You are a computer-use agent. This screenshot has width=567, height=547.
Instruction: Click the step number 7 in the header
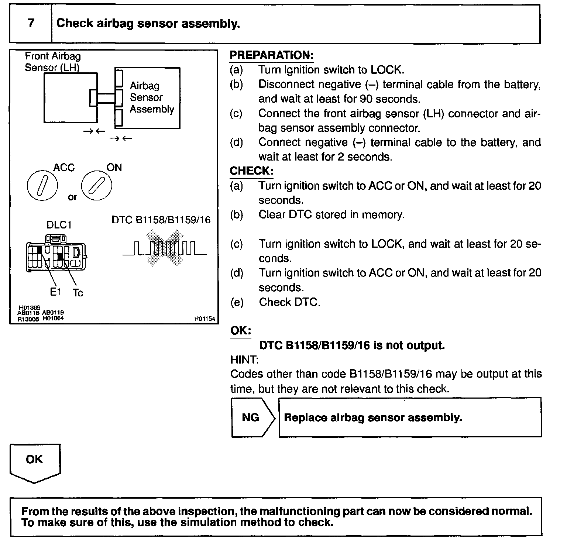tap(31, 23)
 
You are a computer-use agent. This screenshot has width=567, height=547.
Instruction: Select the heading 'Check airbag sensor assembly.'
tap(148, 24)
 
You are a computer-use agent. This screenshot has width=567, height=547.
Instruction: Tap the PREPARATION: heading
tap(271, 55)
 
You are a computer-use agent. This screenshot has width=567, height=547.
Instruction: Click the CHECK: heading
tap(251, 171)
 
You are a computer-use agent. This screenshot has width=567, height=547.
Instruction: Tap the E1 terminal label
tap(56, 292)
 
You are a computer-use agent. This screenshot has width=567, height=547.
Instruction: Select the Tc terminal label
tap(78, 293)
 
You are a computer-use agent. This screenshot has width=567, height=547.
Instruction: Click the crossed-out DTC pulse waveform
tap(165, 248)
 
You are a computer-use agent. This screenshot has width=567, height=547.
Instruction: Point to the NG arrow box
tap(252, 417)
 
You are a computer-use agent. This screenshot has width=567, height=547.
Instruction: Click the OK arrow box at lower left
tap(35, 462)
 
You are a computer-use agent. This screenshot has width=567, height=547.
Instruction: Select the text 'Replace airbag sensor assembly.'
tap(373, 417)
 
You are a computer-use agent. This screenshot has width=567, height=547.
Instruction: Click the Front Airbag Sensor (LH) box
tap(70, 97)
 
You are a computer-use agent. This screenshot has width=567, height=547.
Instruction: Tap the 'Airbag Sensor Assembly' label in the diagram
tap(151, 97)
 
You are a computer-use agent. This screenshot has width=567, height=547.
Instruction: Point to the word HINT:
tap(244, 359)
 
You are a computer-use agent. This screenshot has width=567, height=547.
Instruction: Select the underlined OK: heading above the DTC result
tap(241, 330)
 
